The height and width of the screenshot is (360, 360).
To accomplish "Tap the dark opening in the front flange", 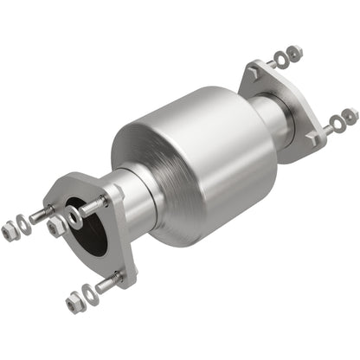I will click(92, 229).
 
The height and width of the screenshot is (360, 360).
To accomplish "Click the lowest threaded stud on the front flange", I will click(107, 283).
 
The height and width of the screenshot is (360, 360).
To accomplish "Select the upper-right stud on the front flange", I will click(98, 204).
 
